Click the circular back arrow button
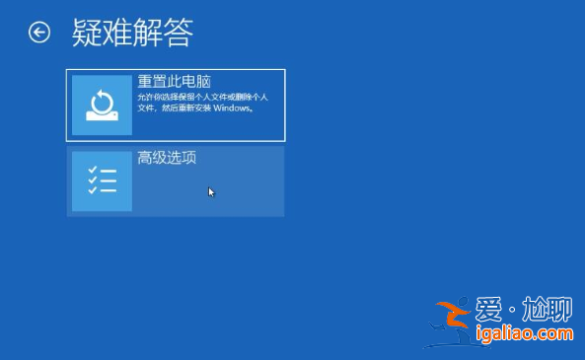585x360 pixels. point(39,33)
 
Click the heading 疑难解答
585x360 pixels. point(132,33)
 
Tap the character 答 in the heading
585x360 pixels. point(178,33)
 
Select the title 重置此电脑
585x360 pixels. point(175,81)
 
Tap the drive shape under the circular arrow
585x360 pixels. point(102,116)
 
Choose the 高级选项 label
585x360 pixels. point(167,157)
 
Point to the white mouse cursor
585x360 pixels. point(211,191)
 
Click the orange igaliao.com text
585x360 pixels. point(524,334)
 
